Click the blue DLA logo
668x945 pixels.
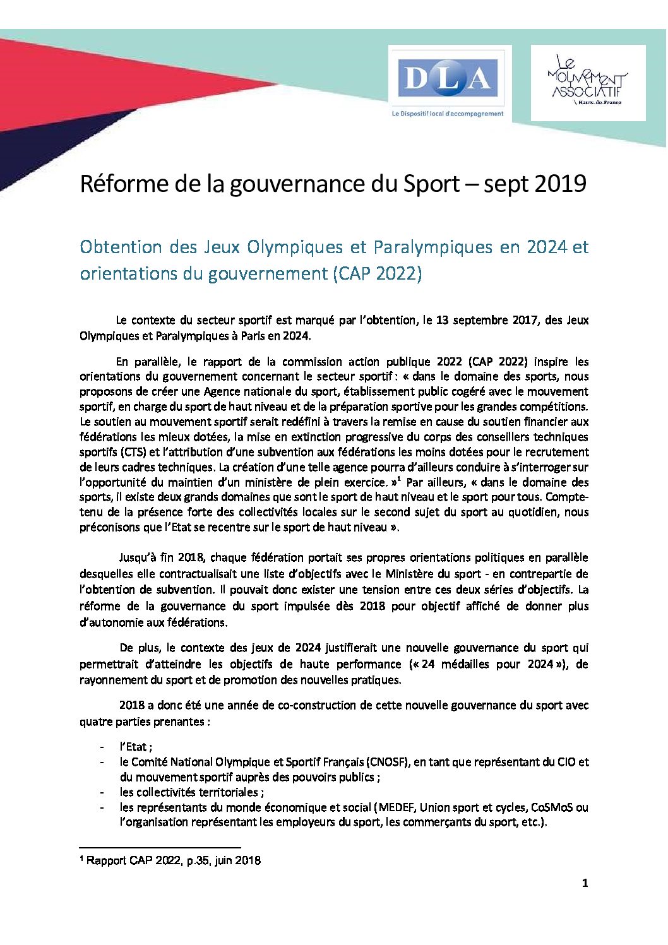pyautogui.click(x=448, y=78)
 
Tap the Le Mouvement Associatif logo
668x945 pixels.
pyautogui.click(x=587, y=82)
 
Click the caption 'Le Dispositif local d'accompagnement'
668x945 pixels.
pyautogui.click(x=448, y=114)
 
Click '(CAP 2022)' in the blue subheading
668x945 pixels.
pyautogui.click(x=377, y=274)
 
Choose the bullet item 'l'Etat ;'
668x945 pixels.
pyautogui.click(x=136, y=747)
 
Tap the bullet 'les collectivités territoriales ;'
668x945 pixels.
pyautogui.click(x=192, y=792)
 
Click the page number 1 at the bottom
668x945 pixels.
pyautogui.click(x=585, y=883)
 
